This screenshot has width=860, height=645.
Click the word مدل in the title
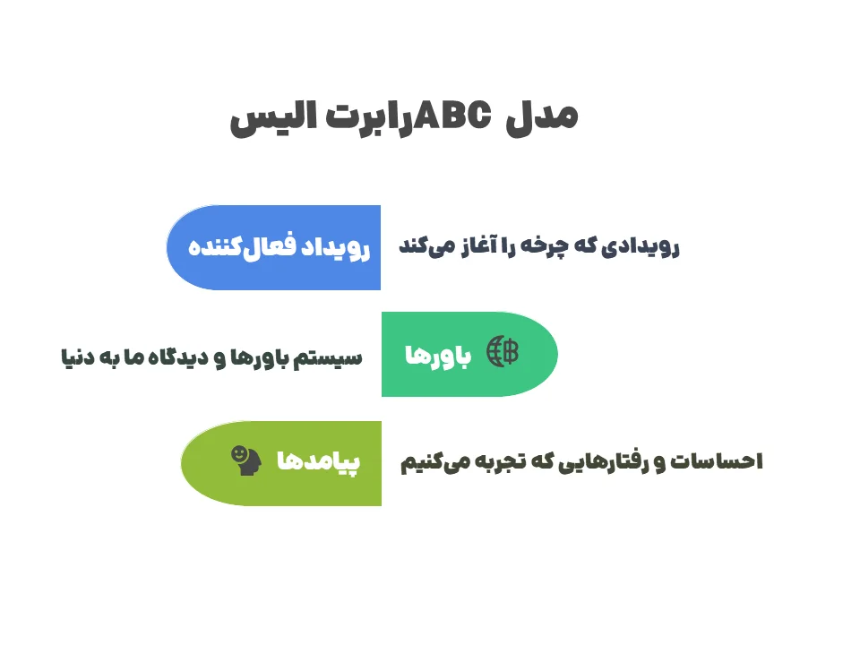click(541, 117)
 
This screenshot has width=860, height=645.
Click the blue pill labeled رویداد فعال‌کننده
click(274, 247)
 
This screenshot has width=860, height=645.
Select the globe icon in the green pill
click(503, 353)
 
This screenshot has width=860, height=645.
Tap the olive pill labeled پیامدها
click(282, 462)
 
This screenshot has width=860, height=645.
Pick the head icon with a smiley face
click(245, 460)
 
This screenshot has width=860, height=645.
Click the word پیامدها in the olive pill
click(318, 462)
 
